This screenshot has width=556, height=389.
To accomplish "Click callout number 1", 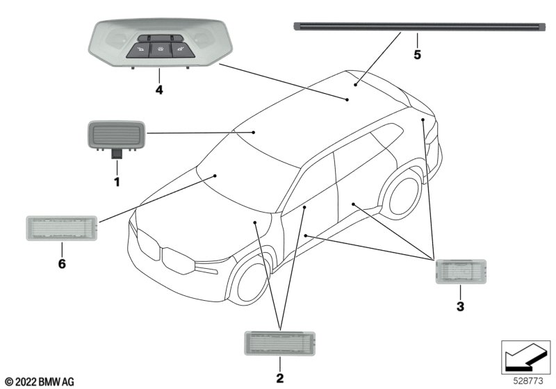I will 117,182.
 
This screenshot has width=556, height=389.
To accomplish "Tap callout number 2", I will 279,379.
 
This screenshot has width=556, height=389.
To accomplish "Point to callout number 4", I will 159,90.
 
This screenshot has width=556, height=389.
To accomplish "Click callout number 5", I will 417,53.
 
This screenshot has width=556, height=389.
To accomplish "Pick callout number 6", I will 61,264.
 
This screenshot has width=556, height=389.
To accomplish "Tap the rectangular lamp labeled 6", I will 61,227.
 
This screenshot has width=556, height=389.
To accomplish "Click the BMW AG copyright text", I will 39,381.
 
